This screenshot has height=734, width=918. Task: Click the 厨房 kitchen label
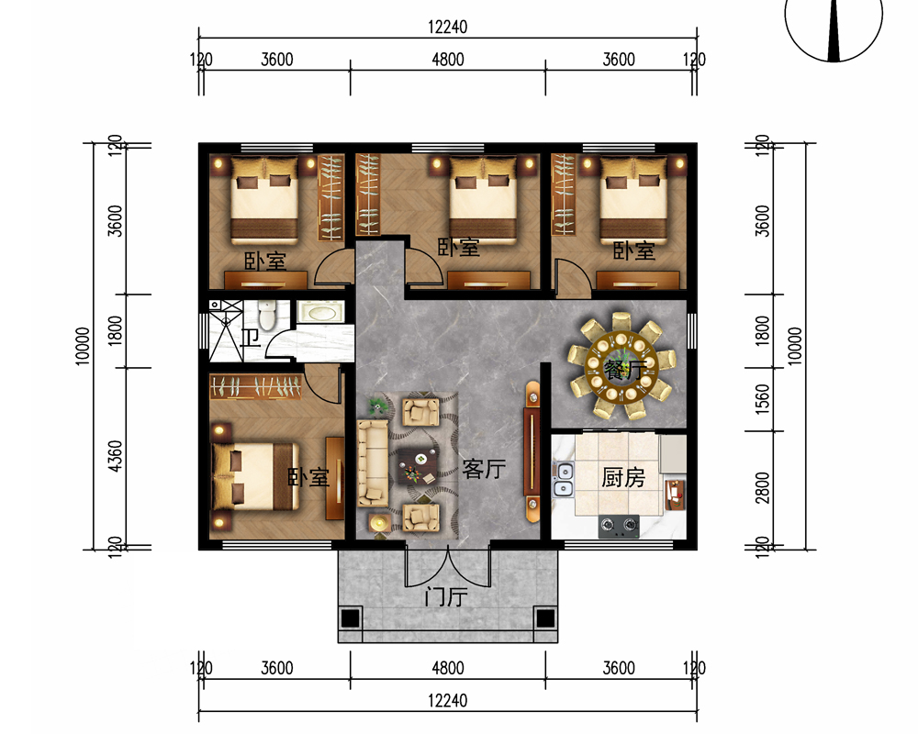click(x=623, y=478)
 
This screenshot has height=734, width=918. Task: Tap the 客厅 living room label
click(x=484, y=469)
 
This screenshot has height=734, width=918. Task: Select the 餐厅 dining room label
click(x=625, y=370)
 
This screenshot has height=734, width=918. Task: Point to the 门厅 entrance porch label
click(x=446, y=597)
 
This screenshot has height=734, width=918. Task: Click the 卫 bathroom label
click(x=251, y=338)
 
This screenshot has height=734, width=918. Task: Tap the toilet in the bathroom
click(x=267, y=315)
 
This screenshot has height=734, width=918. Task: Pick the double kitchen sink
click(x=564, y=479)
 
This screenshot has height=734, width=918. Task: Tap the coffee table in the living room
click(x=417, y=466)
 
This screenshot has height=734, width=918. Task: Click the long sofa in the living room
click(x=373, y=463)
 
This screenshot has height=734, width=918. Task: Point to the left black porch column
click(x=350, y=618)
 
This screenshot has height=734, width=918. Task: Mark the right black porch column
click(x=545, y=618)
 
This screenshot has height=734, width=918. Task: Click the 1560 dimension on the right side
click(x=762, y=399)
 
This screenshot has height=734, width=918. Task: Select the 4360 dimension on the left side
click(x=116, y=456)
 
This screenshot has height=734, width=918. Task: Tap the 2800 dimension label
click(x=762, y=487)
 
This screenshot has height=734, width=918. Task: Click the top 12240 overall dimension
click(x=447, y=27)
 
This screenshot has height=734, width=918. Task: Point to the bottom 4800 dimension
click(x=448, y=668)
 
